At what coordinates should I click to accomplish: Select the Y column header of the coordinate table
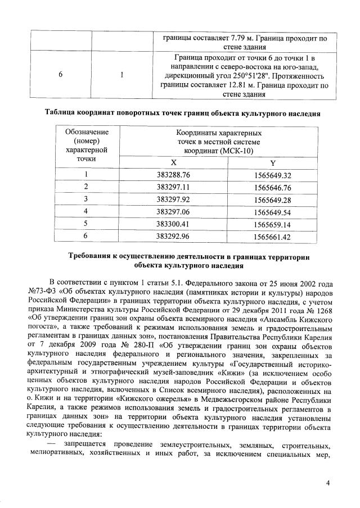[272, 163]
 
